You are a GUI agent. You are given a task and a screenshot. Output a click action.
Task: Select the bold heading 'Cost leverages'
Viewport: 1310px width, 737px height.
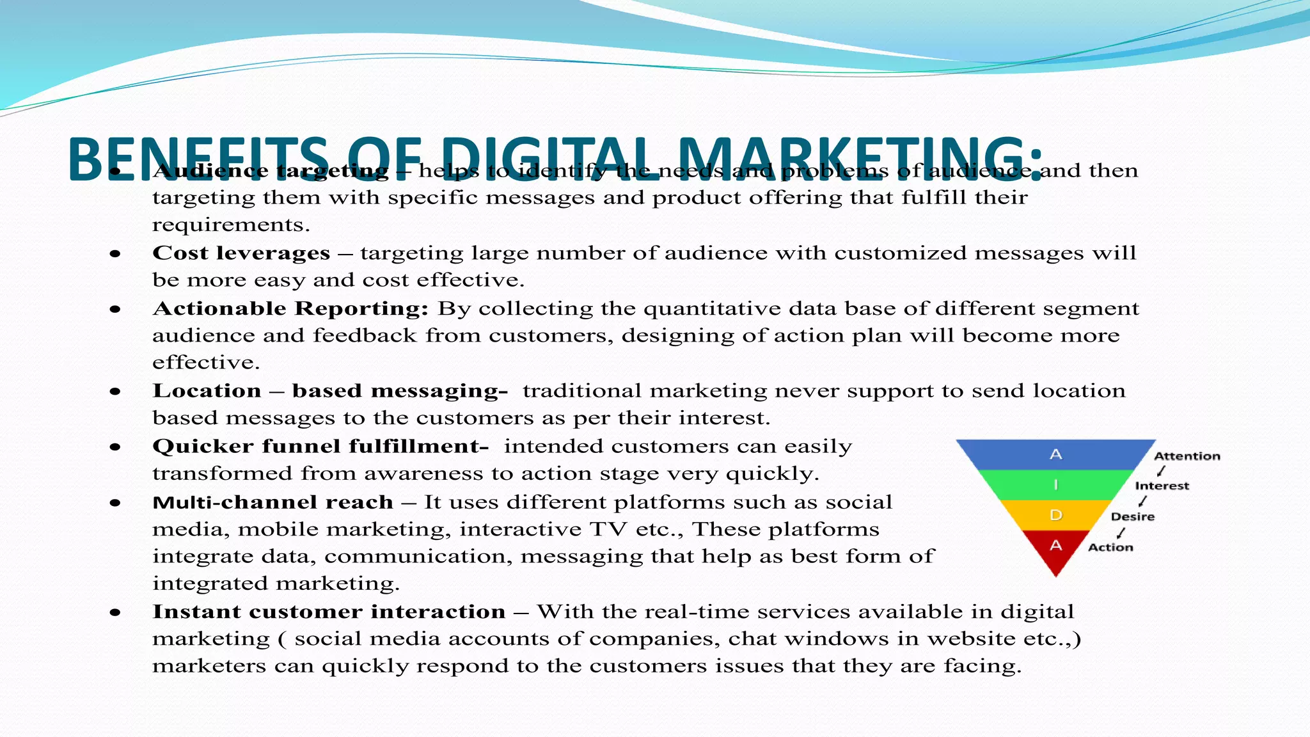(x=241, y=253)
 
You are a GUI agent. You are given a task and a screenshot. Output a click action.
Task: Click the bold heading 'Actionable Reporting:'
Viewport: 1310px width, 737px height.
(x=290, y=308)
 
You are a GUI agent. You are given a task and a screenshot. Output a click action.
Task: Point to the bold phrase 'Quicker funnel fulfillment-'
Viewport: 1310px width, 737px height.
(x=320, y=446)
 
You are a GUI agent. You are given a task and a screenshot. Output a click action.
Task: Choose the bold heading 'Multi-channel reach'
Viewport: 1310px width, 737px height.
(x=272, y=502)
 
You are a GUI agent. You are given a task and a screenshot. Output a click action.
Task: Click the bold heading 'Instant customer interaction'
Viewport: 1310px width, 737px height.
(x=329, y=612)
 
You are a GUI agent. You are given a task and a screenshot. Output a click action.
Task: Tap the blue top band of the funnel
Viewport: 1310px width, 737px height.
(x=1055, y=454)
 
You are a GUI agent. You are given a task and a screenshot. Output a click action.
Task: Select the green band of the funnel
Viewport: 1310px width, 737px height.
(x=1055, y=485)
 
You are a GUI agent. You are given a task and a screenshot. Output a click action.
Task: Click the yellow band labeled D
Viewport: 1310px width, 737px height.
(x=1055, y=515)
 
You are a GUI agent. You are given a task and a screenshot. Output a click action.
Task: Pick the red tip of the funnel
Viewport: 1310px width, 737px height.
(x=1055, y=550)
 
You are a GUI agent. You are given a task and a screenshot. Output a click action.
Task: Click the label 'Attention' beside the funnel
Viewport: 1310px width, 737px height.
(x=1187, y=456)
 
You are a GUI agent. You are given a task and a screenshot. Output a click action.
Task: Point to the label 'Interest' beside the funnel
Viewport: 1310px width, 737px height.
(x=1162, y=486)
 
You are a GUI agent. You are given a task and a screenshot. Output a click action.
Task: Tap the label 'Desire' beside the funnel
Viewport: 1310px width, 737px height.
(x=1132, y=516)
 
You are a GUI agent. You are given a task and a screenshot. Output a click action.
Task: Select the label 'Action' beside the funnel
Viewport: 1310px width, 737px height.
(x=1110, y=547)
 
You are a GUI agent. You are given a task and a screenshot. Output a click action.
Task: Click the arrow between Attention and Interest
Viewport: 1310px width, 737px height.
(x=1161, y=471)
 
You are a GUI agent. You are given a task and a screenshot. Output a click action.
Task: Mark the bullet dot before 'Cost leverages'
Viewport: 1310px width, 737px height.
(x=115, y=254)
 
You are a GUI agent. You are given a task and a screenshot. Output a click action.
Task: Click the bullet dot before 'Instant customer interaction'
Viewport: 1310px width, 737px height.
(x=115, y=612)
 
